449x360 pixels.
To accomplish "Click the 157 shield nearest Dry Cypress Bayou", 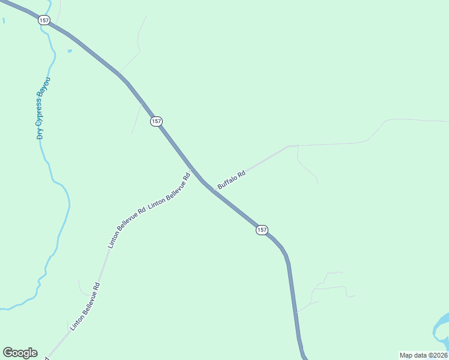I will (44, 20).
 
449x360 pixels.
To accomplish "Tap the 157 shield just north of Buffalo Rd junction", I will (156, 121).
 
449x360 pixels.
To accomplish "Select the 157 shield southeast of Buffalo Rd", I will (262, 230).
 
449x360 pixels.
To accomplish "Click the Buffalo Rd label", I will (232, 181).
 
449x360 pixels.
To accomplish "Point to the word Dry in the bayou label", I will (40, 133).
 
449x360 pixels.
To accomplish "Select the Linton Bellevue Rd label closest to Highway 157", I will (169, 191).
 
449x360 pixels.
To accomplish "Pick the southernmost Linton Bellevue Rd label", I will (85, 307).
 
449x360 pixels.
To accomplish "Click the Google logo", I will (20, 353).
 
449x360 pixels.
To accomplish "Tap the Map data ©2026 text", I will (423, 355).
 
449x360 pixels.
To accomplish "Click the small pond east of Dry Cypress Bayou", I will (70, 51).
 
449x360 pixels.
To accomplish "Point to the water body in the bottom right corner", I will (442, 327).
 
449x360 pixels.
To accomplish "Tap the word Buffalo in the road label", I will (228, 183).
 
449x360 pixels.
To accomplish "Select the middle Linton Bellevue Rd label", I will (127, 228).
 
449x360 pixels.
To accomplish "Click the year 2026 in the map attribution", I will (438, 355).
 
